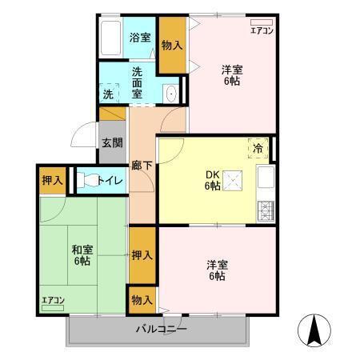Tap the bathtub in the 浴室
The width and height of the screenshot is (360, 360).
[111, 38]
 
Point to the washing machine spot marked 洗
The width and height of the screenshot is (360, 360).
[108, 94]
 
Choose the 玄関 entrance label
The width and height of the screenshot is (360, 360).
[111, 144]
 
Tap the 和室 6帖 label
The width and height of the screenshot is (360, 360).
[80, 254]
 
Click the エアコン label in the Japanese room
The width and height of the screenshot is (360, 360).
[53, 301]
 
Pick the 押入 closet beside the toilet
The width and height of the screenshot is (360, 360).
[53, 180]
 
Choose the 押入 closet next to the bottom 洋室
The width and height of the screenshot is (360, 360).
[142, 256]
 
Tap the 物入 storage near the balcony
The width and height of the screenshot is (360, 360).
[142, 300]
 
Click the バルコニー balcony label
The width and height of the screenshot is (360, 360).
[160, 330]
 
